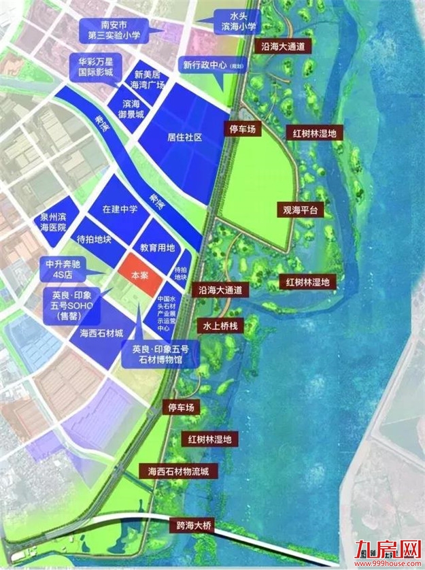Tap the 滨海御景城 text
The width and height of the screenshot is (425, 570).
(x=131, y=108)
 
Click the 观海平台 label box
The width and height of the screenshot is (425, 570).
(x=301, y=210)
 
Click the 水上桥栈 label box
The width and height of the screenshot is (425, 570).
(x=219, y=326)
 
